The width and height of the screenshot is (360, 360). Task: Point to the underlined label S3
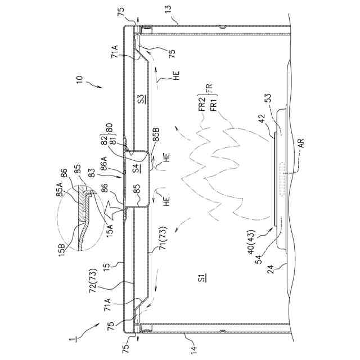pos(142,101)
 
